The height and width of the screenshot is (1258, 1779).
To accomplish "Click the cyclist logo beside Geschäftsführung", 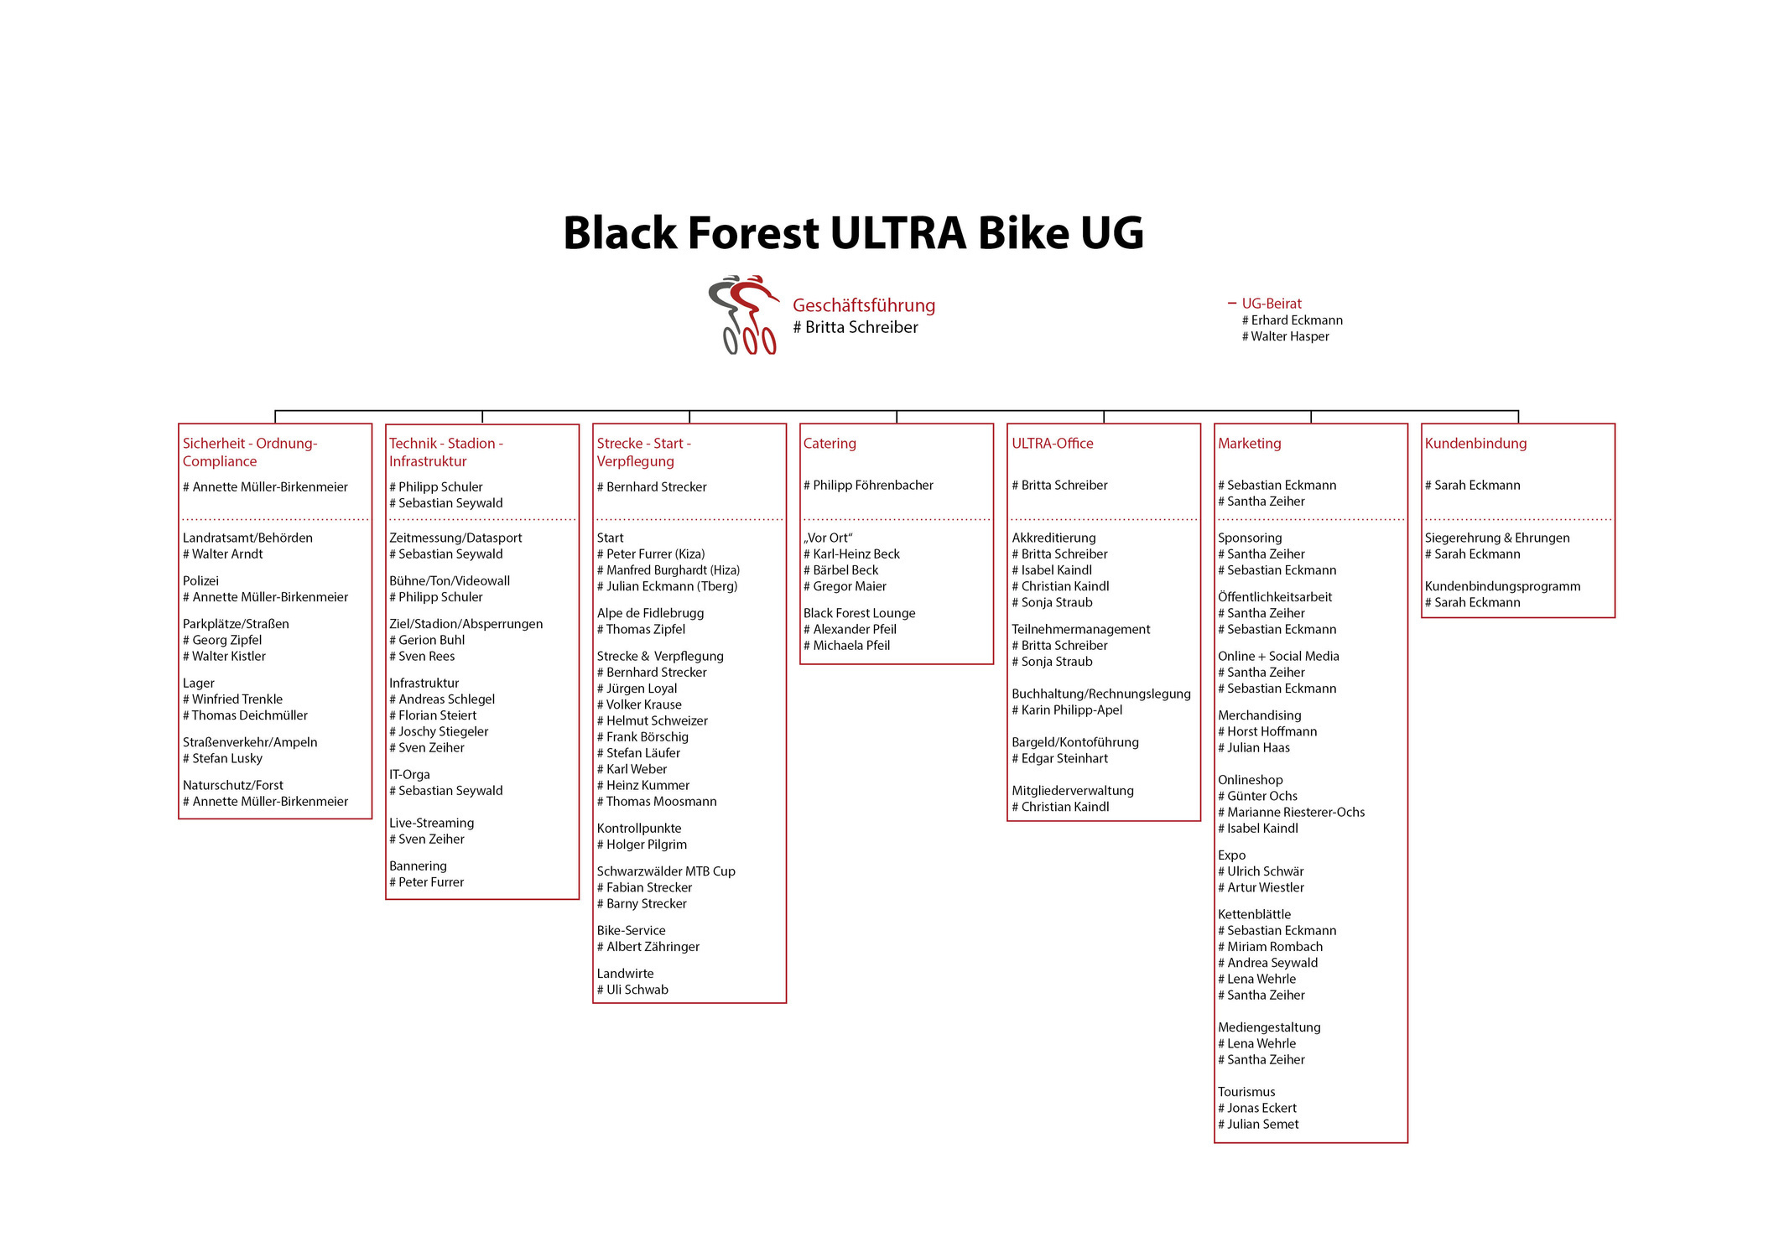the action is (x=744, y=314).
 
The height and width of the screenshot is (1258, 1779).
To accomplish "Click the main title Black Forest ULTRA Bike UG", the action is (x=853, y=233).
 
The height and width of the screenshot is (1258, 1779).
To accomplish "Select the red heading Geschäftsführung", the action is (x=864, y=305).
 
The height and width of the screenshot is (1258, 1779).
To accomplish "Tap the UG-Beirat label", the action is (x=1272, y=304).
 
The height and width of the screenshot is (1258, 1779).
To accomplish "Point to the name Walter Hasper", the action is (x=1290, y=336).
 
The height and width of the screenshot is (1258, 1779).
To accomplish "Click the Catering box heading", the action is (x=830, y=444).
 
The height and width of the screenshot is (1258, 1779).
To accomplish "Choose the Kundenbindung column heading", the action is (x=1475, y=444).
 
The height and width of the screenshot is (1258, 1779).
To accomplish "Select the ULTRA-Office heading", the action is (x=1052, y=443).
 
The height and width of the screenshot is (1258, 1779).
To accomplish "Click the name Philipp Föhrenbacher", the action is (x=873, y=485).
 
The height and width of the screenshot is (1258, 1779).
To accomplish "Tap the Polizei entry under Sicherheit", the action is (x=200, y=580).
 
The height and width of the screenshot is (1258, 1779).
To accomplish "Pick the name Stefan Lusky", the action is (x=227, y=758).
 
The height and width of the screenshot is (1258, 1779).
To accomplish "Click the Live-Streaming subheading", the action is (x=431, y=823).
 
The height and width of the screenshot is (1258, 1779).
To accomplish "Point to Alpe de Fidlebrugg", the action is (x=650, y=613).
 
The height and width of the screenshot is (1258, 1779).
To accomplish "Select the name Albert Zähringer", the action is (x=653, y=947).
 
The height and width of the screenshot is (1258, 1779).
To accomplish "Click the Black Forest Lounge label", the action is (x=859, y=613).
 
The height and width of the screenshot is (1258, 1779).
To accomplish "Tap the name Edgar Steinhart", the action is (x=1064, y=758).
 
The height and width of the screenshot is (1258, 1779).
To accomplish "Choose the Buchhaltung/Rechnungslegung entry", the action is (x=1100, y=694).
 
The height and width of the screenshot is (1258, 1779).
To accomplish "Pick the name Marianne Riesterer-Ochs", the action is (x=1296, y=812).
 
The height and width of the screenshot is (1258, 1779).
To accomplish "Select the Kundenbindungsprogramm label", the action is (x=1502, y=586).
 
